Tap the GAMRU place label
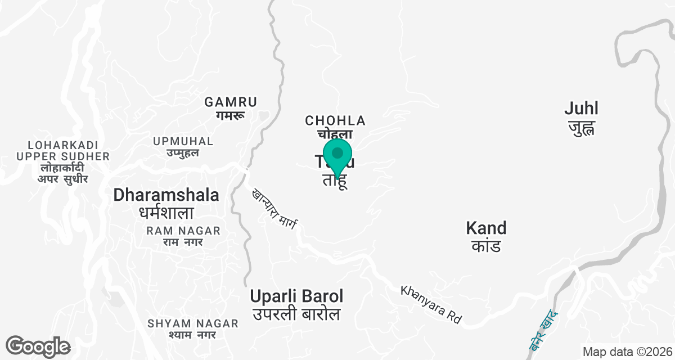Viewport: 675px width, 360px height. (231, 102)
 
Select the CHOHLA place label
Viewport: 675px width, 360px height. (335, 120)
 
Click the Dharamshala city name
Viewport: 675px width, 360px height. (166, 195)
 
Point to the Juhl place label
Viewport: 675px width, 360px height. (582, 108)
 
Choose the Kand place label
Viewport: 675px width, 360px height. (486, 228)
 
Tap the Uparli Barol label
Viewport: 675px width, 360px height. (296, 296)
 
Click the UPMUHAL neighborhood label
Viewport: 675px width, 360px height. (183, 141)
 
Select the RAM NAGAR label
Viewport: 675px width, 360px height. (183, 231)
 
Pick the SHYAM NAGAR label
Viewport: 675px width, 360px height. (193, 323)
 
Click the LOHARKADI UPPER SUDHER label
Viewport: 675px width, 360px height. (63, 150)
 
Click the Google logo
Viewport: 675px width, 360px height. (38, 346)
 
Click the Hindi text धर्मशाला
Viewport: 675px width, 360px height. (166, 213)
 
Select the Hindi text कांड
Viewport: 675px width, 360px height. (486, 246)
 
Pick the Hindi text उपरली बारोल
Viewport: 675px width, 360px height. (296, 314)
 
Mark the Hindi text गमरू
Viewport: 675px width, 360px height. (231, 115)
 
